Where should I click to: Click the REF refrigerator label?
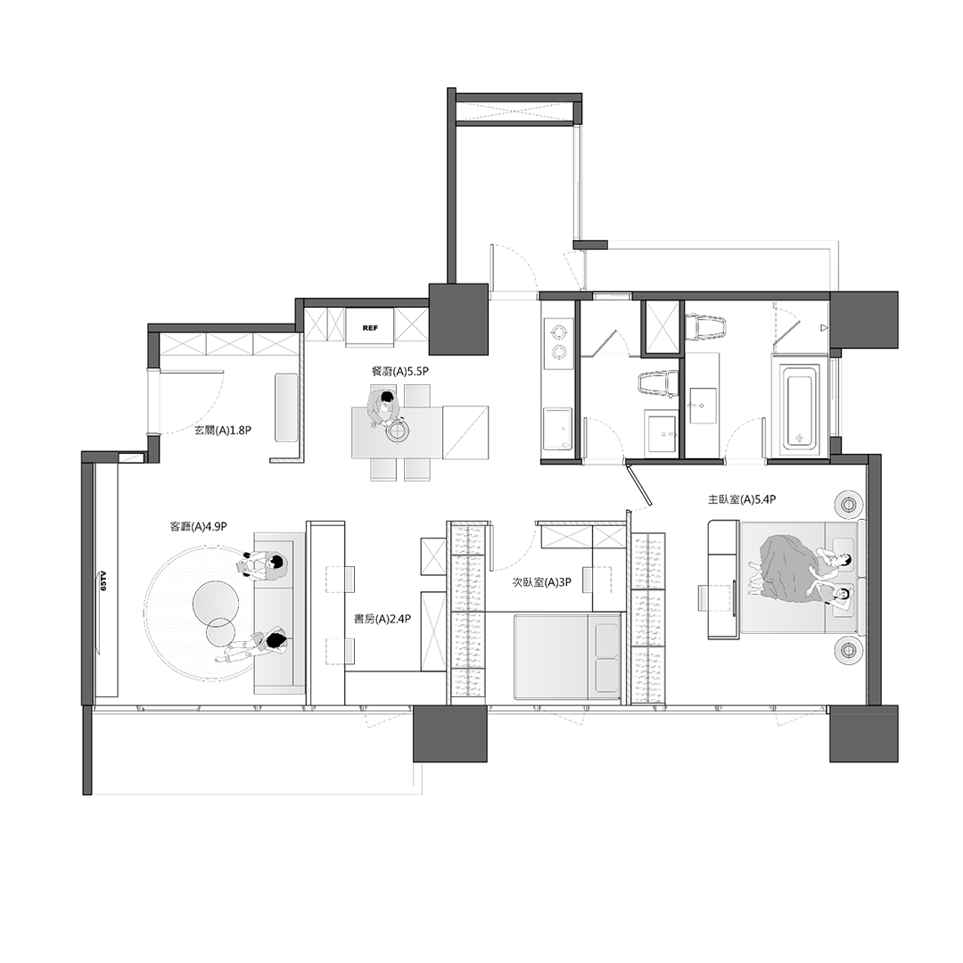(x=370, y=328)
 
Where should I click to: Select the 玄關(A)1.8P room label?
(x=223, y=431)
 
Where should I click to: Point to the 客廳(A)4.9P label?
(x=198, y=526)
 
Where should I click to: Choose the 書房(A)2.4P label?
(x=382, y=619)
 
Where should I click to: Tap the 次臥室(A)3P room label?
(x=542, y=582)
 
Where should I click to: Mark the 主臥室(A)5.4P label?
(x=742, y=500)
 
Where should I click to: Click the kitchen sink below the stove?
(x=558, y=428)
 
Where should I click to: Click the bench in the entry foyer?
(x=285, y=407)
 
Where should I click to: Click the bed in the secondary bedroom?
(x=567, y=656)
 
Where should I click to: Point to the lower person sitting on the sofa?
(x=255, y=647)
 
